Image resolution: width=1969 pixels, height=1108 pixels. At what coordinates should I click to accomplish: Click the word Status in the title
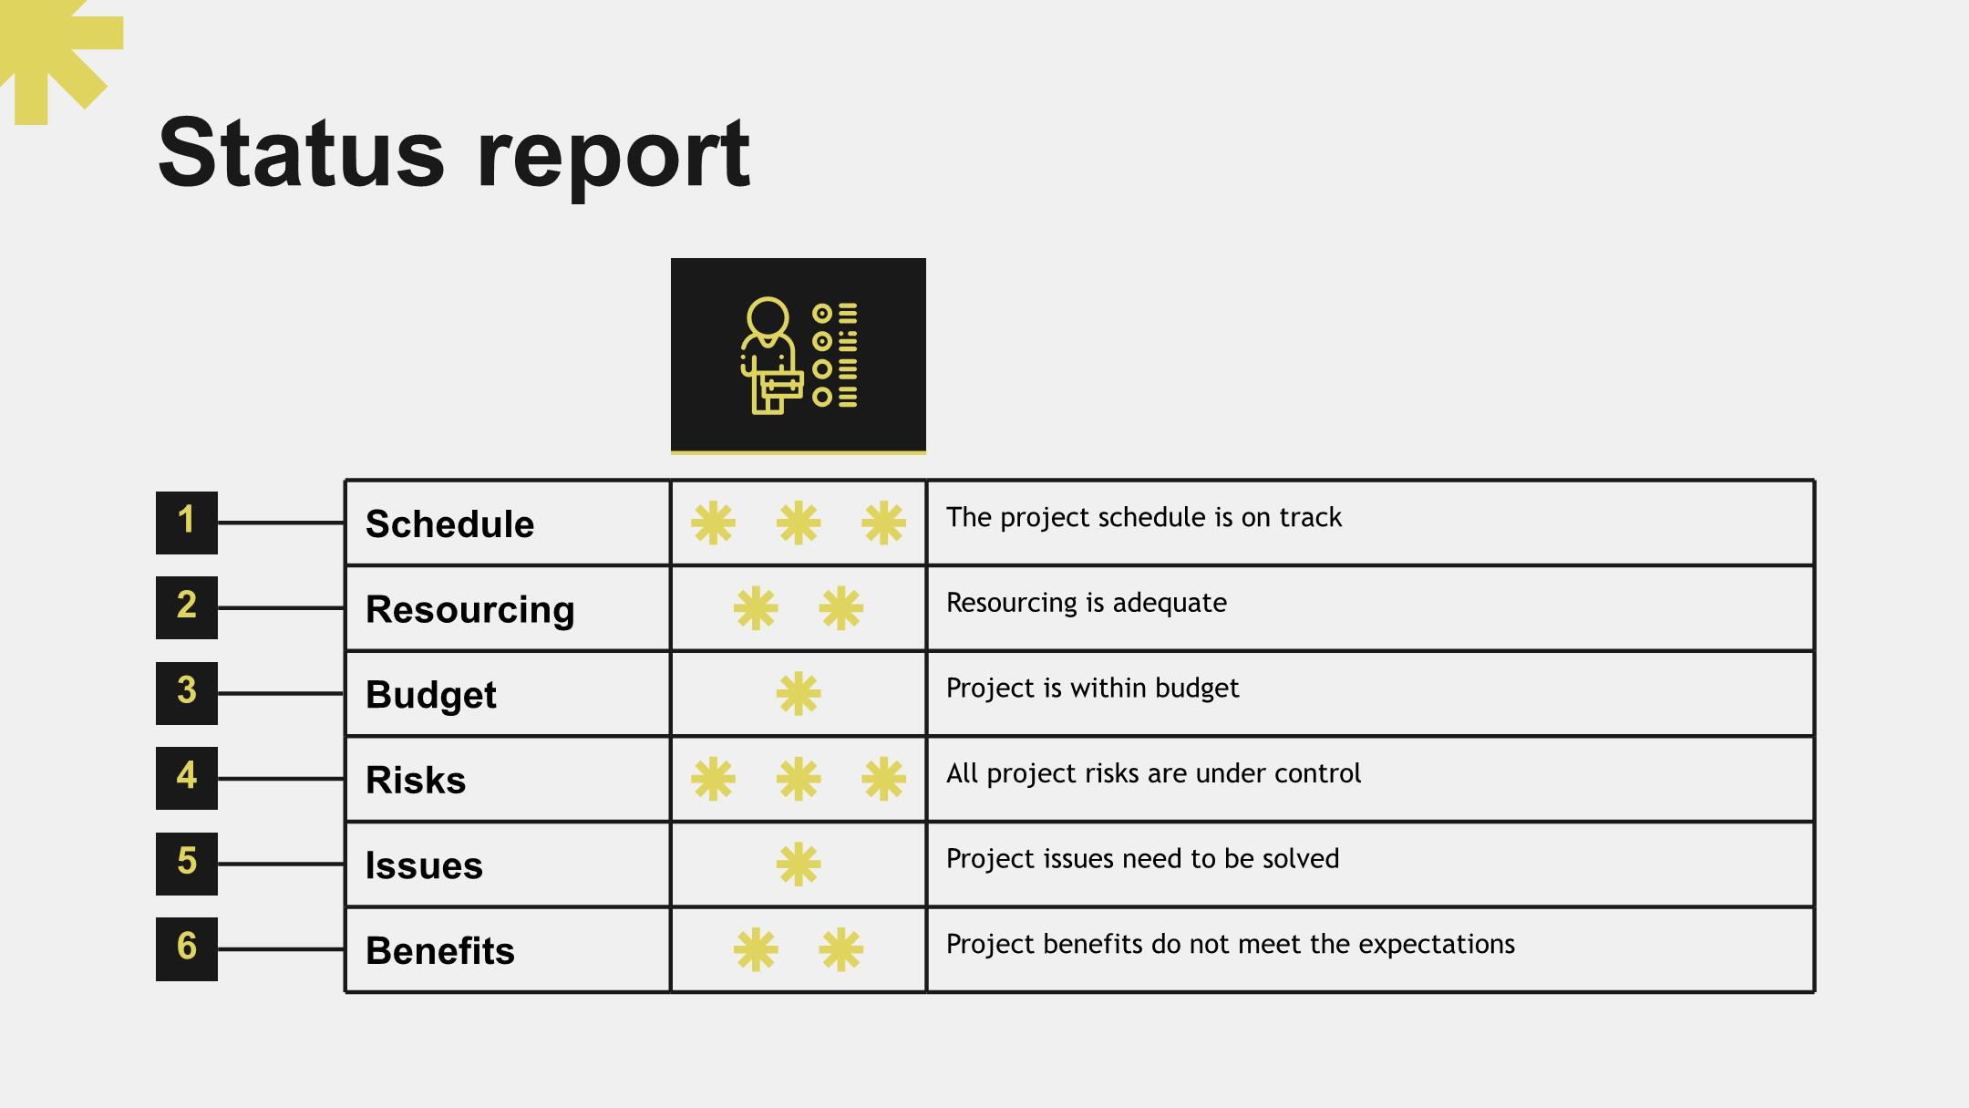click(302, 152)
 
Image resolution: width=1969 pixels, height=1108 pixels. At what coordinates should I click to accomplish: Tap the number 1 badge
click(187, 523)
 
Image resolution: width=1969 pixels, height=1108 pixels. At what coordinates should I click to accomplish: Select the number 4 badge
click(187, 778)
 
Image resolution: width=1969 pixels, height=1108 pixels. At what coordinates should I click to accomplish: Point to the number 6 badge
click(187, 948)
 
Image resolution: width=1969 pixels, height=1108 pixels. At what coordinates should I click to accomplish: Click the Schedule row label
click(449, 524)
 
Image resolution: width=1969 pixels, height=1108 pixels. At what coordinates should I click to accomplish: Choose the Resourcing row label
click(469, 610)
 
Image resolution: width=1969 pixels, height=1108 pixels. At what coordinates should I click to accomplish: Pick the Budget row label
click(430, 695)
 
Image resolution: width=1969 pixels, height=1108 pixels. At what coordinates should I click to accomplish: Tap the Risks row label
click(416, 781)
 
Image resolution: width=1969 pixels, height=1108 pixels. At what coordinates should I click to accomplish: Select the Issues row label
click(424, 865)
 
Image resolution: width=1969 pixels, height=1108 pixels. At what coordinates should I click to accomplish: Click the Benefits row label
click(439, 951)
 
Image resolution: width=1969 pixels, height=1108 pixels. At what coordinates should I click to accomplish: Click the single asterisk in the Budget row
click(799, 694)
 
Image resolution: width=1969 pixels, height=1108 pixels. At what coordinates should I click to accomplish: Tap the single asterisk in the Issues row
click(799, 864)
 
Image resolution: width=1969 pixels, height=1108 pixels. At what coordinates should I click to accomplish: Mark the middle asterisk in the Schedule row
click(799, 523)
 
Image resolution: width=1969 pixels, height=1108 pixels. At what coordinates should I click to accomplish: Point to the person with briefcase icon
click(799, 356)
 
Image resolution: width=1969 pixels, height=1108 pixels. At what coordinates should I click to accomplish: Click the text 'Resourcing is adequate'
click(1087, 603)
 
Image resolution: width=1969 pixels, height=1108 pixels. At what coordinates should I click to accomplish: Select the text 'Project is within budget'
click(1092, 689)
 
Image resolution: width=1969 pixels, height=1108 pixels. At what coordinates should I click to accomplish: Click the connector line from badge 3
click(281, 694)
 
